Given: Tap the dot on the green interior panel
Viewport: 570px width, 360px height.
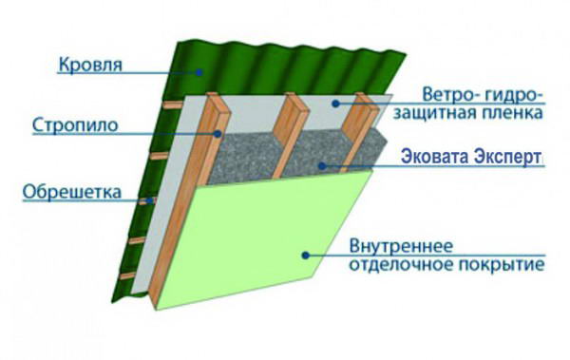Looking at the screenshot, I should (305, 253).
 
